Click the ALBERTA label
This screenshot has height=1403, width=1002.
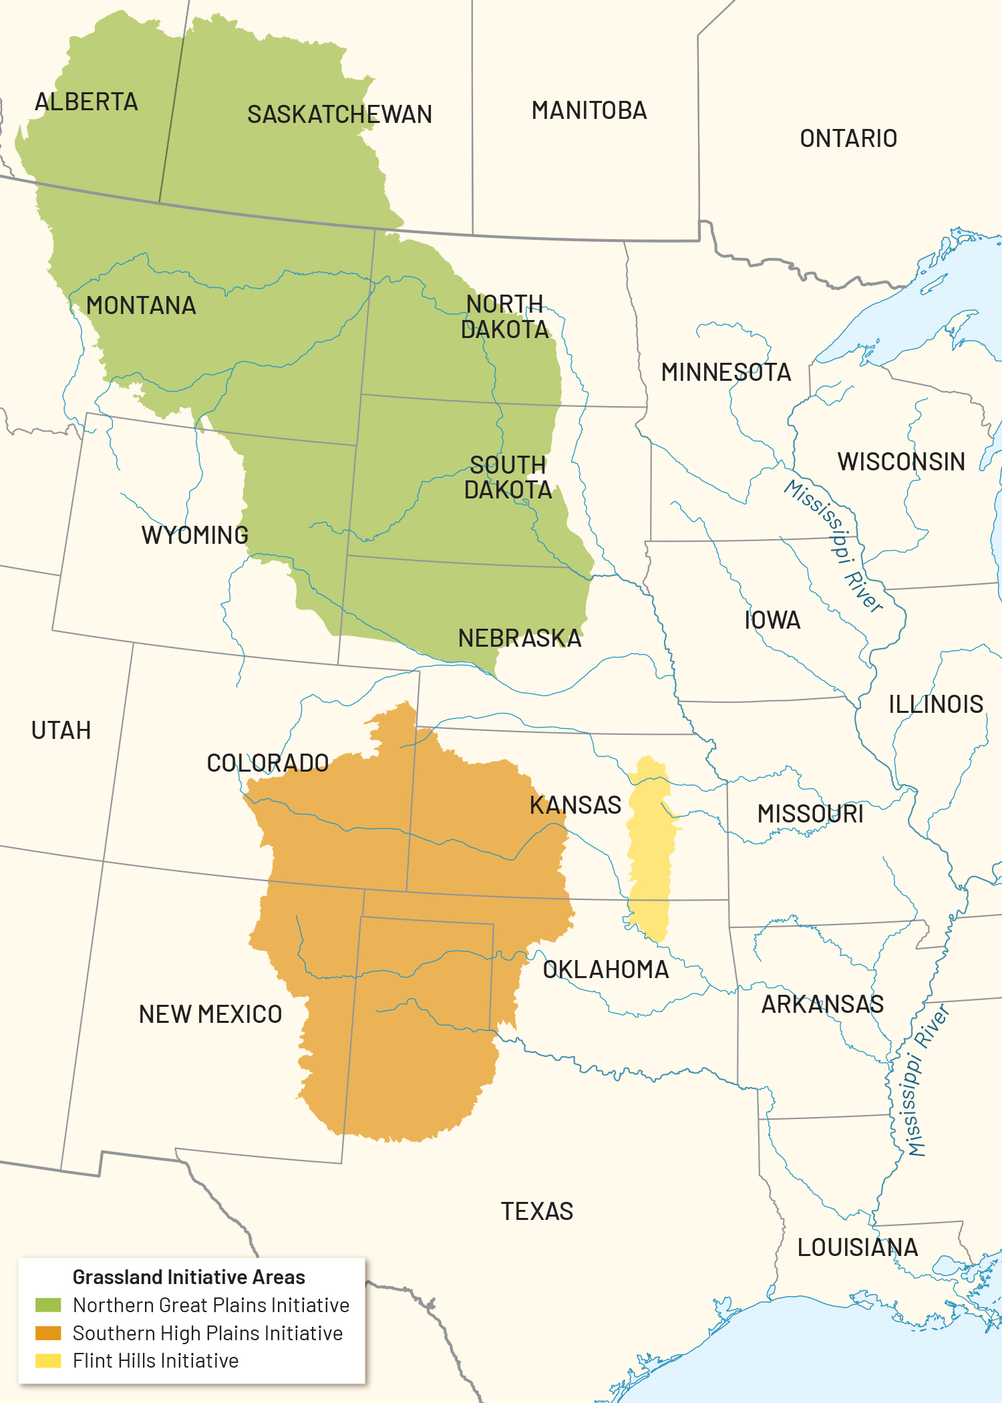[x=86, y=102]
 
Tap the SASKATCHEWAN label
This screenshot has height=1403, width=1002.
[x=339, y=114]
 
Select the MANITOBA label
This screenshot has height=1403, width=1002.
[x=589, y=110]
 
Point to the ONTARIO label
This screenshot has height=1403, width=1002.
[x=848, y=138]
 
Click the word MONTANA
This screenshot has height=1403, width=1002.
[x=141, y=305]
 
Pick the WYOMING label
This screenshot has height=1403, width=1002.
[x=194, y=534]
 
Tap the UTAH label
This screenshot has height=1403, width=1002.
[x=61, y=730]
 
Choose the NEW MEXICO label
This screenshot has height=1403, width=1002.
[x=210, y=1014]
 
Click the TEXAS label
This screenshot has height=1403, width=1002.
[x=537, y=1211]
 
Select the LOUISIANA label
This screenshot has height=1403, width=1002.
[x=858, y=1247]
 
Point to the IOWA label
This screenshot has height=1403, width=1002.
[x=772, y=620]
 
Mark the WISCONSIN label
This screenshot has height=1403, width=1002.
[x=901, y=462]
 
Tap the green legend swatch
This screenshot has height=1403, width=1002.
[x=48, y=1305]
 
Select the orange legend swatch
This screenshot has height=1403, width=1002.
[x=48, y=1333]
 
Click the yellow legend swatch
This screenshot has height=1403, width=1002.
[x=48, y=1360]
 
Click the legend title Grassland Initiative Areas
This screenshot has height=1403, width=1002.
[x=188, y=1277]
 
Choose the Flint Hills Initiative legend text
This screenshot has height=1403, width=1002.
[x=155, y=1360]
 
